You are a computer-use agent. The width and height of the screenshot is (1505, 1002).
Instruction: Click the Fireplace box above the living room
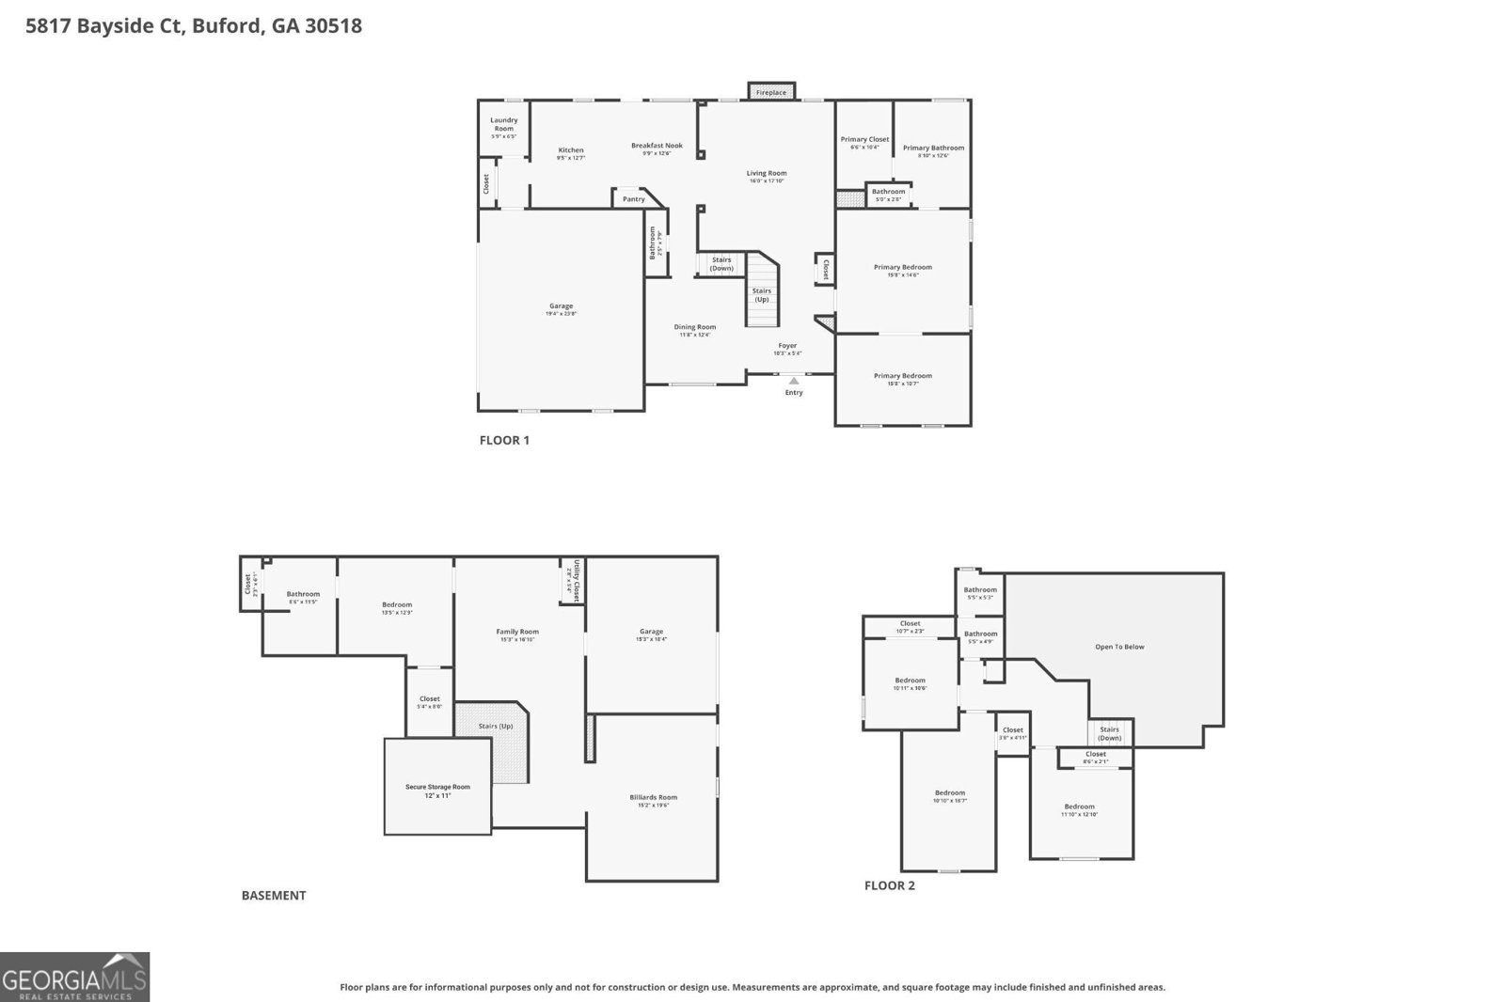pyautogui.click(x=771, y=91)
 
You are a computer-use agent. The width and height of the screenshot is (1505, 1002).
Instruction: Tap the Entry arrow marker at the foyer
pyautogui.click(x=794, y=381)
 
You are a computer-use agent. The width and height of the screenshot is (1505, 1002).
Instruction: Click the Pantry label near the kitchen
pyautogui.click(x=634, y=199)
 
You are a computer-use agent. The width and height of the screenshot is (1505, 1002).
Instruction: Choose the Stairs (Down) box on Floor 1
pyautogui.click(x=721, y=264)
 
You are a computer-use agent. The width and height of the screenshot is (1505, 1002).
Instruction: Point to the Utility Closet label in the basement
pyautogui.click(x=573, y=580)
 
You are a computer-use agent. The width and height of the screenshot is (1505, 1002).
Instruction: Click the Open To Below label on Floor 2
pyautogui.click(x=1119, y=647)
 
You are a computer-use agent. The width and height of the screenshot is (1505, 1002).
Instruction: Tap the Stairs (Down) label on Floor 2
pyautogui.click(x=1110, y=733)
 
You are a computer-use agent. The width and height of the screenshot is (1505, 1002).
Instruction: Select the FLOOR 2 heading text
pyautogui.click(x=889, y=885)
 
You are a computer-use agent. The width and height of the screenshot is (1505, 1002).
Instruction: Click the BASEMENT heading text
pyautogui.click(x=274, y=896)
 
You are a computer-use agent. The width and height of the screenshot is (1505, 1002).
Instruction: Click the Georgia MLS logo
pyautogui.click(x=74, y=977)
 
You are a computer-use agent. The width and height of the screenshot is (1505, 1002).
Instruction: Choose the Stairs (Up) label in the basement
pyautogui.click(x=496, y=727)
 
